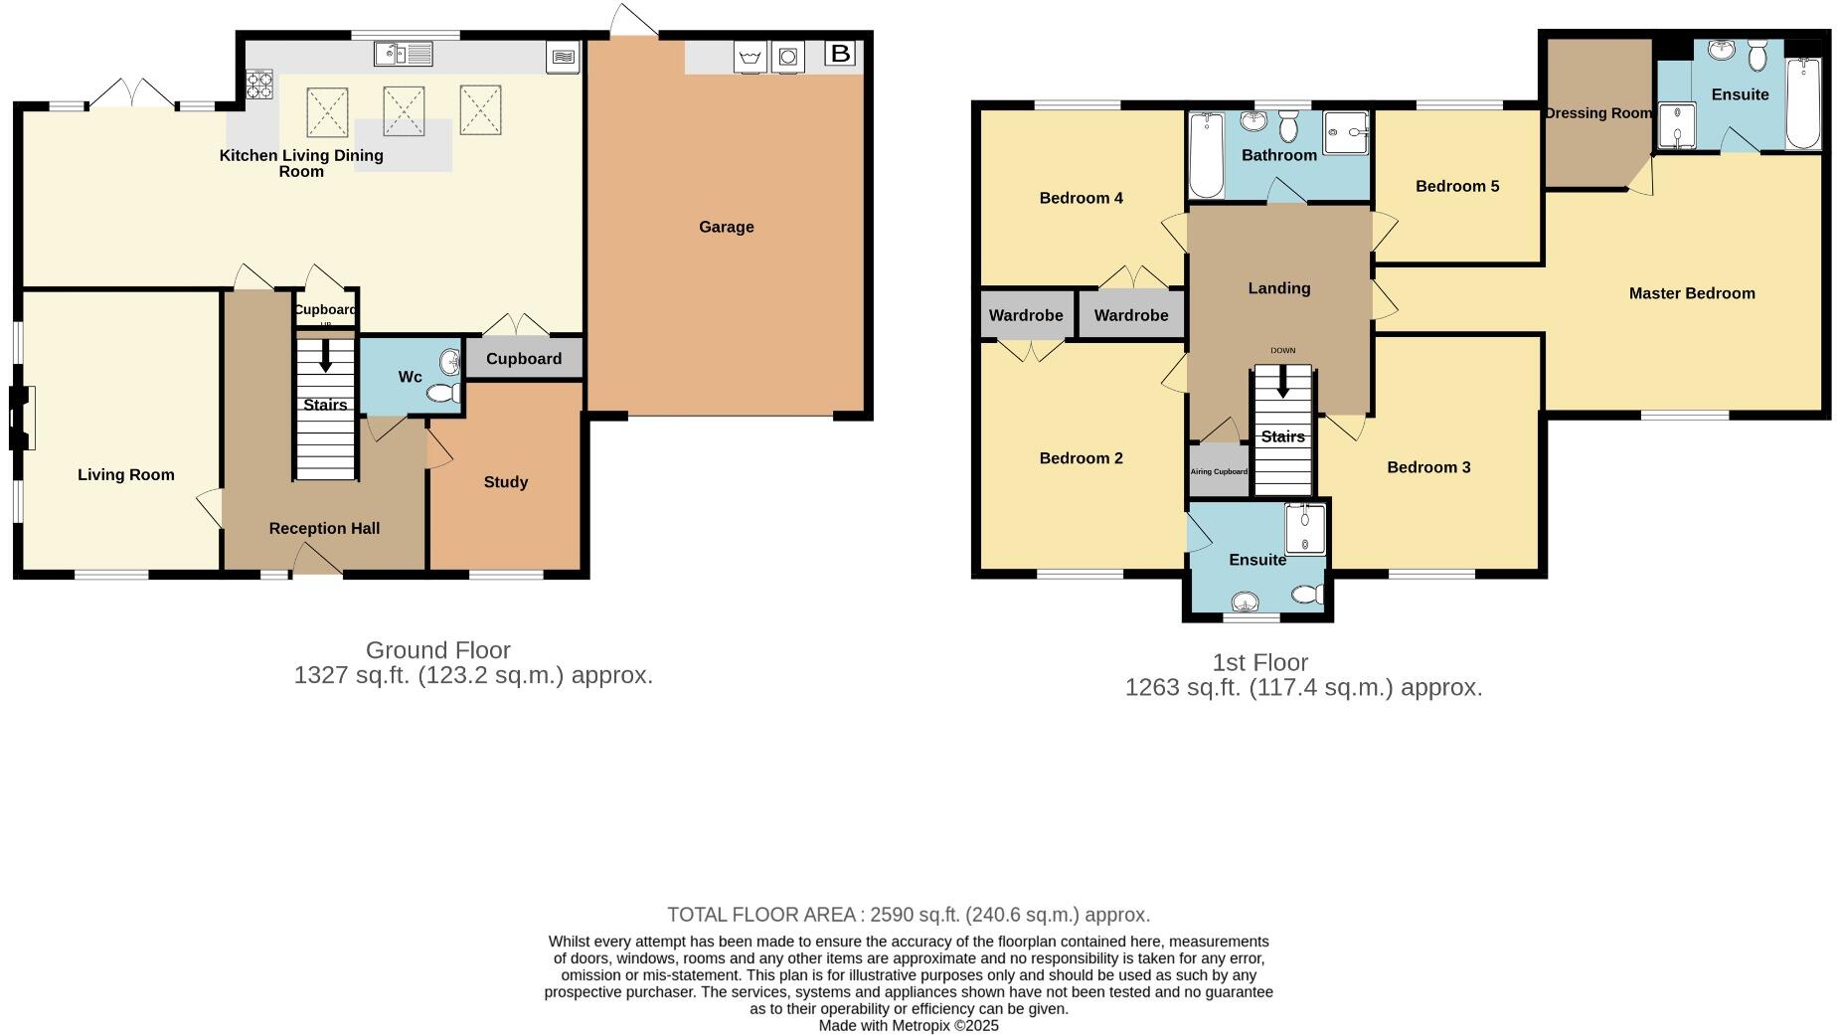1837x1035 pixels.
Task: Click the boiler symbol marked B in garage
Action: pos(840,54)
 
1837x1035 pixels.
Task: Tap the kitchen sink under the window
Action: pos(403,54)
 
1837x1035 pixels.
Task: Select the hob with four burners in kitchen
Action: pos(259,85)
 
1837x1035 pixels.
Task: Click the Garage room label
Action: pos(726,227)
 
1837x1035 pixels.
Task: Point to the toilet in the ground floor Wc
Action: pos(442,394)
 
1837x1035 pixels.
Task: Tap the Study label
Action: pos(505,482)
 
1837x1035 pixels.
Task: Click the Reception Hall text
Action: pos(324,528)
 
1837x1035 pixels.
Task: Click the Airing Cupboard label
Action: pos(1219,471)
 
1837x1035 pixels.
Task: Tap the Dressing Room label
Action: pos(1597,113)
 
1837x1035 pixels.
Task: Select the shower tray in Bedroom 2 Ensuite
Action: pos(1305,529)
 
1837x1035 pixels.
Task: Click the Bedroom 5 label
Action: pos(1457,186)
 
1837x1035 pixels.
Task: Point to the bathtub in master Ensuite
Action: pos(1803,103)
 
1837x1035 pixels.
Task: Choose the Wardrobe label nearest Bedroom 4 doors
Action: pos(1131,315)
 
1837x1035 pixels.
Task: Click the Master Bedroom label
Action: pos(1691,293)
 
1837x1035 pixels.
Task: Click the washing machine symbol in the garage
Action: pos(788,57)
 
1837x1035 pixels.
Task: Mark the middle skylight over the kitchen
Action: pos(404,109)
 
